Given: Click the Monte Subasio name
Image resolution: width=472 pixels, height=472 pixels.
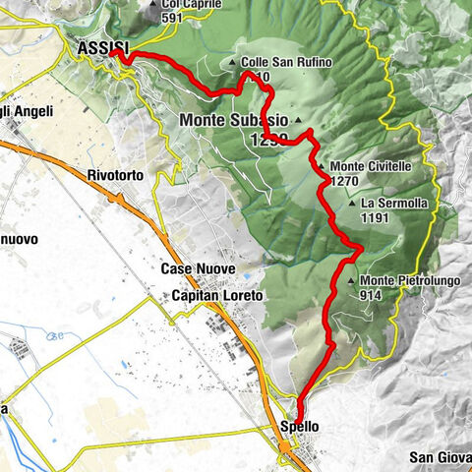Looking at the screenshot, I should [x=235, y=121].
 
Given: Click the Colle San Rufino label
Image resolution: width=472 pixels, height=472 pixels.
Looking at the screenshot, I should [x=286, y=63].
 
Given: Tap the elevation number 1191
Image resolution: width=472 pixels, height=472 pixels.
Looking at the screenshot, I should [x=376, y=218].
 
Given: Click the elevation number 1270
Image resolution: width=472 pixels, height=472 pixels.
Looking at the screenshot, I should [x=344, y=181].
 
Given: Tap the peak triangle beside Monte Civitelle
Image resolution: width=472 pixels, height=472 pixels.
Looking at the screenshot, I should [x=322, y=167].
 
